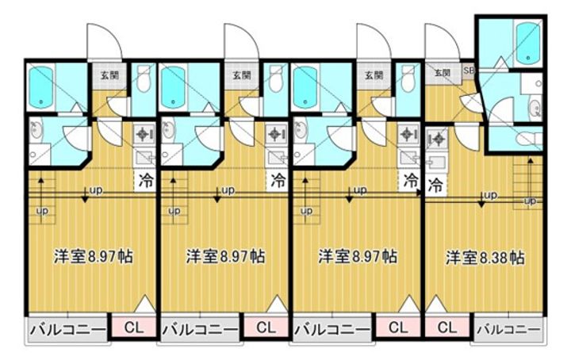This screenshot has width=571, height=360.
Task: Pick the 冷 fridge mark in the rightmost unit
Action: (x=435, y=187)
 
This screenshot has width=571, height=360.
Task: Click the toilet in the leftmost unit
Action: (x=144, y=80)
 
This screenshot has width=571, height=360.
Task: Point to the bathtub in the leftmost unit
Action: (x=41, y=86)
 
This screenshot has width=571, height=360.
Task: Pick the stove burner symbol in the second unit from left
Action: (x=276, y=134)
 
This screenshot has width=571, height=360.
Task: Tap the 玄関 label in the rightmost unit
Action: (x=442, y=73)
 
